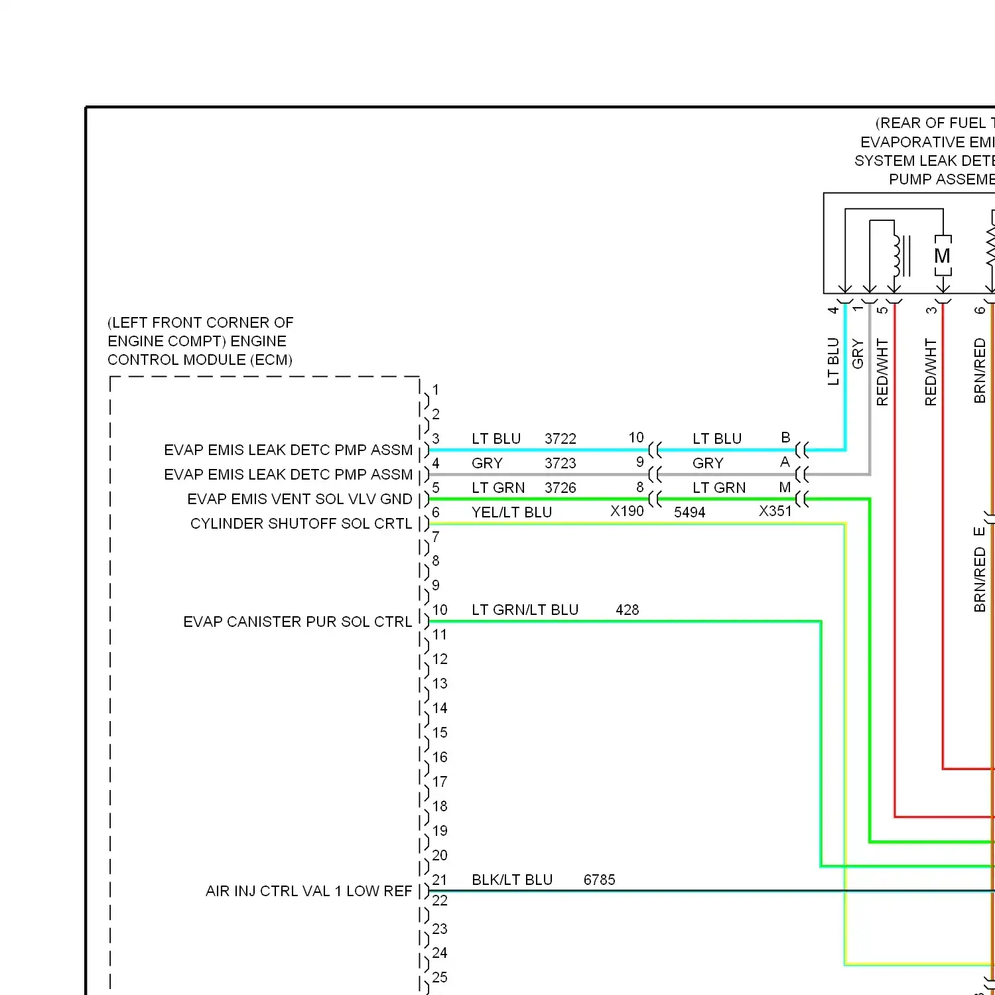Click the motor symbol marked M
pyautogui.click(x=943, y=255)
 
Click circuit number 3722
pyautogui.click(x=561, y=439)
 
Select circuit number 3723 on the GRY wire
pyautogui.click(x=561, y=464)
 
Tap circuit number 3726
pyautogui.click(x=561, y=488)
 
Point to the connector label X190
pyautogui.click(x=627, y=511)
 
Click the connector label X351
pyautogui.click(x=775, y=511)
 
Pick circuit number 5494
pyautogui.click(x=690, y=513)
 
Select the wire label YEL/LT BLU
pyautogui.click(x=511, y=513)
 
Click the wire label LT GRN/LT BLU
pyautogui.click(x=525, y=610)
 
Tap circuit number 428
pyautogui.click(x=627, y=610)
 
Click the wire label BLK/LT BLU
pyautogui.click(x=512, y=880)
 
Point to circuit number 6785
pyautogui.click(x=599, y=880)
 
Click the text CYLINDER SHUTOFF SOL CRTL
pyautogui.click(x=301, y=524)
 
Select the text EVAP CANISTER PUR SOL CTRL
pyautogui.click(x=297, y=622)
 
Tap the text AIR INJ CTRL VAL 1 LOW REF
pyautogui.click(x=308, y=892)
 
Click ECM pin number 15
pyautogui.click(x=440, y=733)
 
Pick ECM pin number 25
pyautogui.click(x=440, y=978)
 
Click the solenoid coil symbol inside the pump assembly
pyautogui.click(x=898, y=255)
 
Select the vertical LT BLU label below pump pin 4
pyautogui.click(x=834, y=362)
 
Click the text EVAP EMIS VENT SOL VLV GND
pyautogui.click(x=299, y=499)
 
